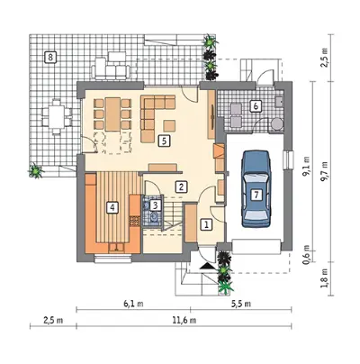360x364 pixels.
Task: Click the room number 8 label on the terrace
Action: [x=50, y=57]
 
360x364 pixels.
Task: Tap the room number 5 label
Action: [x=164, y=141]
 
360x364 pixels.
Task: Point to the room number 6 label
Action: [x=256, y=106]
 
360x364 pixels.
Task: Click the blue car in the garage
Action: [x=256, y=188]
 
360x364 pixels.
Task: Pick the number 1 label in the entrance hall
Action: [x=206, y=224]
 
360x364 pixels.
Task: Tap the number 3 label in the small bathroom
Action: [x=156, y=205]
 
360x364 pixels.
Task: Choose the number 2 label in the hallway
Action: [x=181, y=187]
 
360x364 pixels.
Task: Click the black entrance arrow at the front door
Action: [x=208, y=266]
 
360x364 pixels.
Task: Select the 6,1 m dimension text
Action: [x=133, y=304]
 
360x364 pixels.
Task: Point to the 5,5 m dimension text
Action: [x=241, y=304]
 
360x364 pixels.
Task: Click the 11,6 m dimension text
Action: [x=184, y=321]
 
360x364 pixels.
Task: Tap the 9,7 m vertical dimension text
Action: [x=324, y=171]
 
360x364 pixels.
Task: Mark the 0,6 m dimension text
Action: [x=306, y=255]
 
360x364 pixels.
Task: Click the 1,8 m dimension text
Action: [x=324, y=278]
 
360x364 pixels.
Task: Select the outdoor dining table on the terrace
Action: [x=56, y=116]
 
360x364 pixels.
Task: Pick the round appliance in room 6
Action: [x=276, y=123]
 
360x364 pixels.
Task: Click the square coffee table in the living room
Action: [x=169, y=125]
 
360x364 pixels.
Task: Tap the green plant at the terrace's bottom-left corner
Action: [x=36, y=171]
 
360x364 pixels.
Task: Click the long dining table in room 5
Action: [x=112, y=114]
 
